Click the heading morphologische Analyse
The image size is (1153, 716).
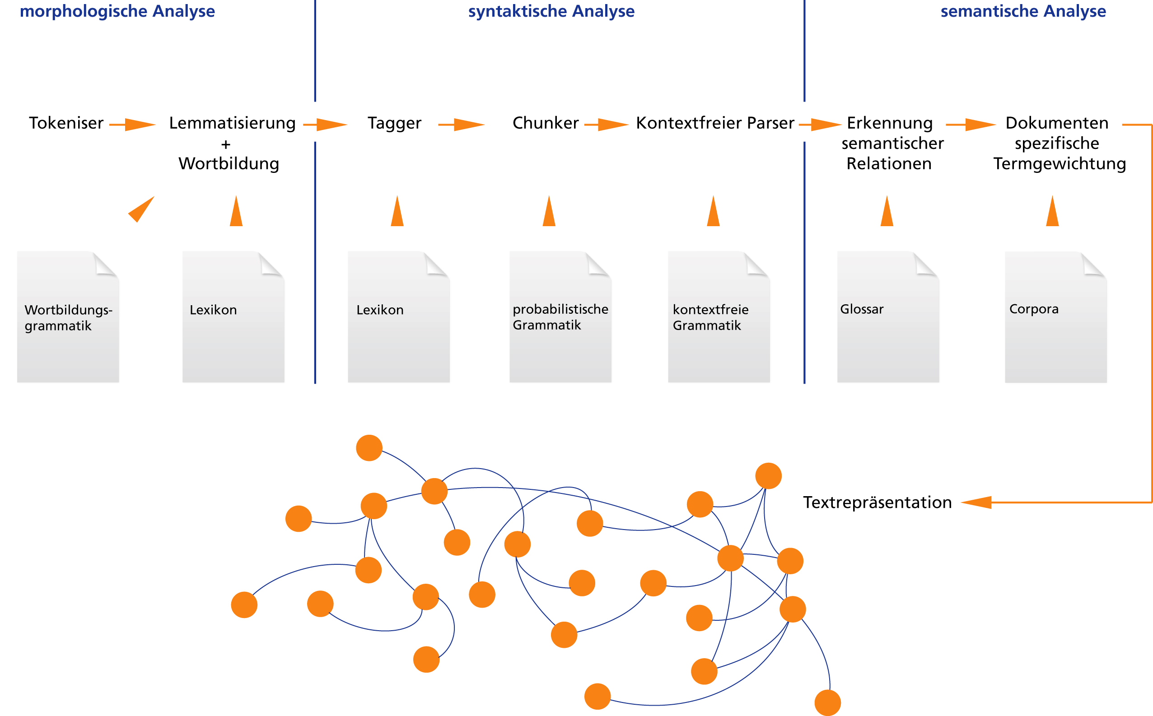tap(117, 11)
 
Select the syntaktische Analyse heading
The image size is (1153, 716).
tap(551, 11)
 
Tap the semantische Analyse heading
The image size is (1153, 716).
tap(1023, 11)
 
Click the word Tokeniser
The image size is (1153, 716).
tap(66, 123)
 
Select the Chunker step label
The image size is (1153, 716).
tap(546, 123)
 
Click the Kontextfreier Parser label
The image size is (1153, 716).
tap(715, 123)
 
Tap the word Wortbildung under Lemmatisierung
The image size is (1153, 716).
tap(229, 164)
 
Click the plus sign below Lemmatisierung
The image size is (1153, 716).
tap(226, 144)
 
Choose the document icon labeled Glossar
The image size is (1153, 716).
tap(888, 317)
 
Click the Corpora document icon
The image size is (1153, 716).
tap(1056, 317)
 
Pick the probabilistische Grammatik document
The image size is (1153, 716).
tap(560, 317)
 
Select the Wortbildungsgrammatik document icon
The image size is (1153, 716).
tap(68, 317)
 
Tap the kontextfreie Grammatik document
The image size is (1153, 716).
tap(719, 317)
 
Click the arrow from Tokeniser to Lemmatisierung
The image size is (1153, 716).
tap(133, 125)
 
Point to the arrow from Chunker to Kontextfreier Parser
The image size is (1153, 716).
tap(607, 125)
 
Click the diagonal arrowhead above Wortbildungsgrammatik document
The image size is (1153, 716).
tap(141, 209)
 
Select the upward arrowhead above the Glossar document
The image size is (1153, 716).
tap(887, 211)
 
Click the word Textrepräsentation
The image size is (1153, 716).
tap(878, 502)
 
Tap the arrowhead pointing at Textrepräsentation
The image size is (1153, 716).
tap(976, 502)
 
